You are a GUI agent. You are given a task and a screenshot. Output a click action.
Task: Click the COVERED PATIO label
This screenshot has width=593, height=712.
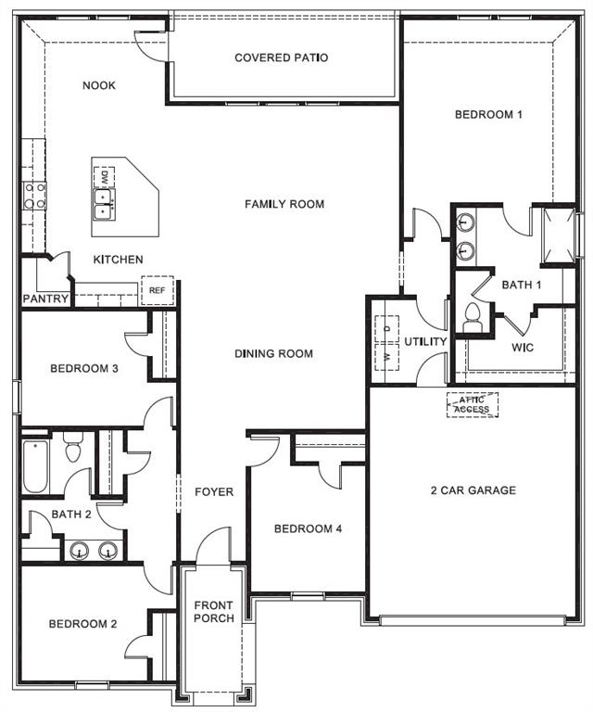(x=281, y=57)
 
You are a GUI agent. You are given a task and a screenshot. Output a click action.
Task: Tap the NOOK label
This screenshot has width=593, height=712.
(x=99, y=85)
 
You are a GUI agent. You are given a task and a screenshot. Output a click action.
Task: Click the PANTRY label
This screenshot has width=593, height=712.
(x=45, y=299)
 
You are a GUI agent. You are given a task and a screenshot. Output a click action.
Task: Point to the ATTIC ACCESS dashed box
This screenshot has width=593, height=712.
(x=473, y=404)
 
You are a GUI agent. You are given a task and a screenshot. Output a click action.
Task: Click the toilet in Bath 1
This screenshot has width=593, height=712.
(x=472, y=317)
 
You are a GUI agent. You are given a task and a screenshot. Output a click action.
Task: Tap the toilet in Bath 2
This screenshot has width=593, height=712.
(x=74, y=450)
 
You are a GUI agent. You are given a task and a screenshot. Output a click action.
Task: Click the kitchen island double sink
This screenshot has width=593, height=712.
(x=103, y=203)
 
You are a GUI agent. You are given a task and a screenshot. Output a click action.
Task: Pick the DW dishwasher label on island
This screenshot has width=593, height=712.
(x=105, y=176)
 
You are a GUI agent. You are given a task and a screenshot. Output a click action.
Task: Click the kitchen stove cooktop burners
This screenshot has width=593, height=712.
(x=35, y=195)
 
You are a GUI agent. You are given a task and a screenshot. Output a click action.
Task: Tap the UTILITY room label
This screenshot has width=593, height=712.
(x=425, y=342)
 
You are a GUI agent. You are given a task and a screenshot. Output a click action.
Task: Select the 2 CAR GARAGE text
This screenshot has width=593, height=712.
(x=473, y=490)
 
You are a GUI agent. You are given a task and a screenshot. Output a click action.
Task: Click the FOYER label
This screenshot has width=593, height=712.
(x=213, y=491)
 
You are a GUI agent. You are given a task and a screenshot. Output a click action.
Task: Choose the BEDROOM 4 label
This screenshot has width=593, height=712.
(x=309, y=528)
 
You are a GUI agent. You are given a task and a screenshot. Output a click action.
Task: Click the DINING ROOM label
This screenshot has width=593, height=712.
(x=273, y=353)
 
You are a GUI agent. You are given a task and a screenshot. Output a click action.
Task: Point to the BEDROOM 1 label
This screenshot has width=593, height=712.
(x=489, y=115)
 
